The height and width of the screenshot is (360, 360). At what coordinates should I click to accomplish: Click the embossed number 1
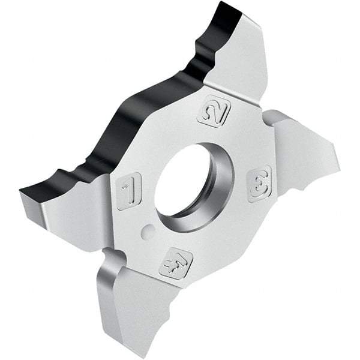128,191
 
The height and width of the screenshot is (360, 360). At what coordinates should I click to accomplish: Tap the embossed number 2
214,110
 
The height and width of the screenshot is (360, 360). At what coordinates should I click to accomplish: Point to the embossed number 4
176,262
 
